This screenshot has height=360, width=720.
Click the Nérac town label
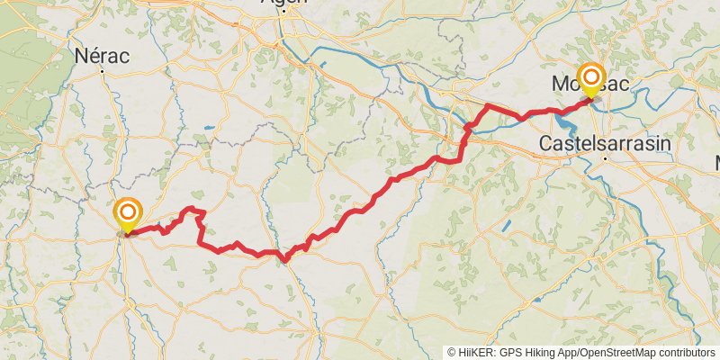coord(102,56)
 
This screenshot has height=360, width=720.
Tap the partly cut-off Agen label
coord(283,3)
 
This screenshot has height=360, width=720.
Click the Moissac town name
coord(590,85)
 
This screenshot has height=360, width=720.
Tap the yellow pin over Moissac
coord(591,77)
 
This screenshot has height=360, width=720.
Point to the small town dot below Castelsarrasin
coord(607,158)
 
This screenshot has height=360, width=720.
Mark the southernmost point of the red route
coord(285,262)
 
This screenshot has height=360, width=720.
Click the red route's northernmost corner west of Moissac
coord(488,106)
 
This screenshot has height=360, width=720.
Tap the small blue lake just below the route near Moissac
coord(566,117)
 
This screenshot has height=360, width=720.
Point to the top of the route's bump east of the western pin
coord(192,209)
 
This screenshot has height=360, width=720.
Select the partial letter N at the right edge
coord(716,162)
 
